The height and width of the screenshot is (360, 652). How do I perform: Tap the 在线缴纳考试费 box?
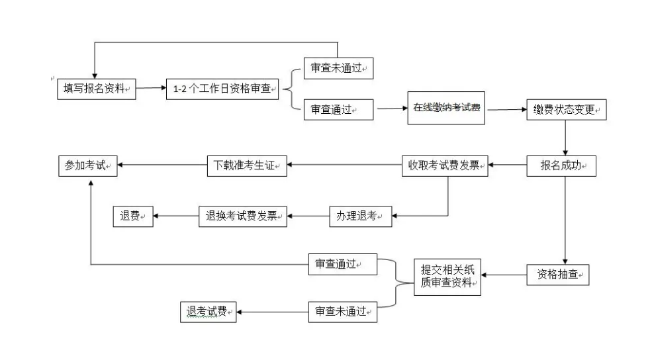(x=446, y=107)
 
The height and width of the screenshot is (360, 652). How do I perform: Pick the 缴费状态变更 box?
(x=566, y=111)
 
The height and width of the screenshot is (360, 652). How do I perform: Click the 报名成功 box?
(x=561, y=166)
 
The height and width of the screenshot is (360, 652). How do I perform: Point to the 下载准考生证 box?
(x=247, y=166)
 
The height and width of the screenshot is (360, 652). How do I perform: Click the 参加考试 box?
(x=87, y=166)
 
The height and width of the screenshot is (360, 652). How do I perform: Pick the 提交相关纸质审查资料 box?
(x=447, y=276)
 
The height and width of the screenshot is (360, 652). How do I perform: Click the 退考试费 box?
(x=208, y=312)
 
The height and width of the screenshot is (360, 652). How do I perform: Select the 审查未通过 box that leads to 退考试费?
(x=342, y=312)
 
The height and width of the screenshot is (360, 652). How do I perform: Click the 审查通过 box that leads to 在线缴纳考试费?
(x=338, y=110)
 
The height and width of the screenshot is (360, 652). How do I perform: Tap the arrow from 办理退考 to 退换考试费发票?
(x=308, y=216)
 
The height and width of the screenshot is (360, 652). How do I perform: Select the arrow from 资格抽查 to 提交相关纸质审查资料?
(x=504, y=275)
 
